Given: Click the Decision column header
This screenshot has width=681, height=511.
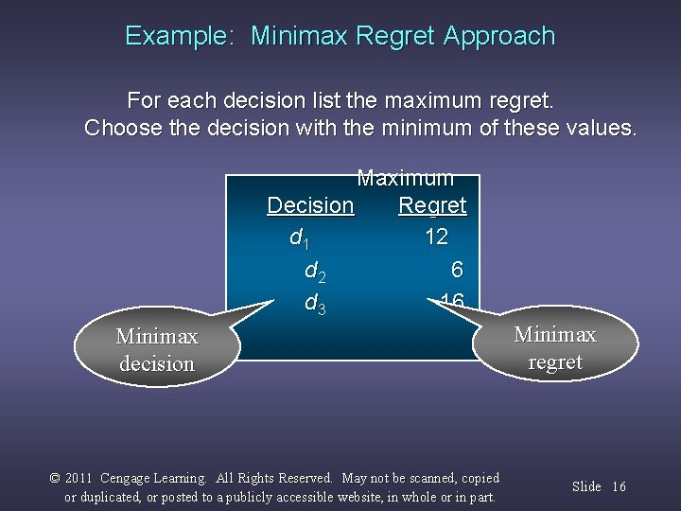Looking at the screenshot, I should coord(310,205).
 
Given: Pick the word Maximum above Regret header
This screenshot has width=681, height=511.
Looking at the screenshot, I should coord(405,178).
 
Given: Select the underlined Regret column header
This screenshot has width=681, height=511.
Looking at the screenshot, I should coord(432,205).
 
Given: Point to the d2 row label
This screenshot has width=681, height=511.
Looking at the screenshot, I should coord(316,272).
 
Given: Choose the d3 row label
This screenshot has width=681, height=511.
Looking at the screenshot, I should coord(315,304).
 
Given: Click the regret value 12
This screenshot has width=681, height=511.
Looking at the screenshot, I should coord(436,237).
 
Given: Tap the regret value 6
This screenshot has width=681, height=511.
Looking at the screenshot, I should coord(457,270).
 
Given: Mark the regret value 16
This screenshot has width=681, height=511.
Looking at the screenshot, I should coord(451,302).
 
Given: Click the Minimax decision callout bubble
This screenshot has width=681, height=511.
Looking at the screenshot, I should coord(157,349).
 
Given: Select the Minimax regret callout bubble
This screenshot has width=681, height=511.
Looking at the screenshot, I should coord(554,348).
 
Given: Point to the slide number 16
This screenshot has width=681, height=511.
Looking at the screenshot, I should coord(620,486).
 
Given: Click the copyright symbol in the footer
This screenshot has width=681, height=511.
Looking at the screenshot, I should coord(55,479).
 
